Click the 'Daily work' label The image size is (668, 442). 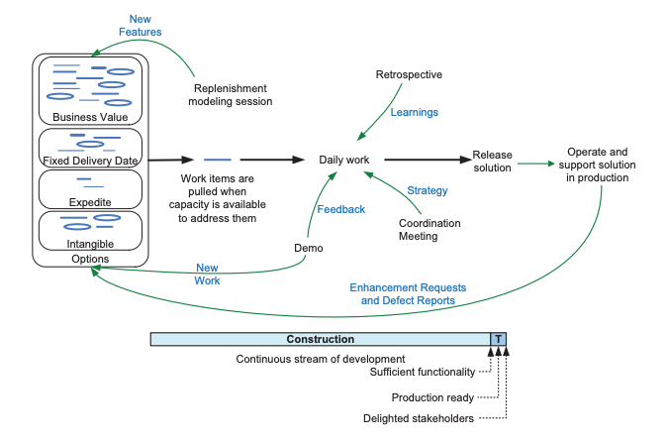click(x=343, y=160)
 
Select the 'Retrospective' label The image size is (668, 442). click(x=409, y=75)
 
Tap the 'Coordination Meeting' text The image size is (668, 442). click(x=429, y=230)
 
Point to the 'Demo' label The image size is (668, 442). click(x=309, y=247)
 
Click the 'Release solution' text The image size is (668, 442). click(x=492, y=161)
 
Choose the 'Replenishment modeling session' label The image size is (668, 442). click(x=233, y=93)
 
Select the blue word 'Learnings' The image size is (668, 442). click(x=414, y=113)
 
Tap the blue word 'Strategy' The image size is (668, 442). click(x=428, y=190)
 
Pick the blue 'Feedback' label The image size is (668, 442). click(x=341, y=209)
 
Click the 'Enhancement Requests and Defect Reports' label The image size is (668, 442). click(x=408, y=293)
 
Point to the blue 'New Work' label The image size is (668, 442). click(x=207, y=274)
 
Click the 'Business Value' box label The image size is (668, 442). click(x=90, y=117)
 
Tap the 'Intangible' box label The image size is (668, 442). click(x=90, y=243)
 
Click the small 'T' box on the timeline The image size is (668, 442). click(x=499, y=339)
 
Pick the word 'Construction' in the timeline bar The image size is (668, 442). click(x=320, y=339)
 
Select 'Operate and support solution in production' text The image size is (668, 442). click(x=597, y=165)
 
